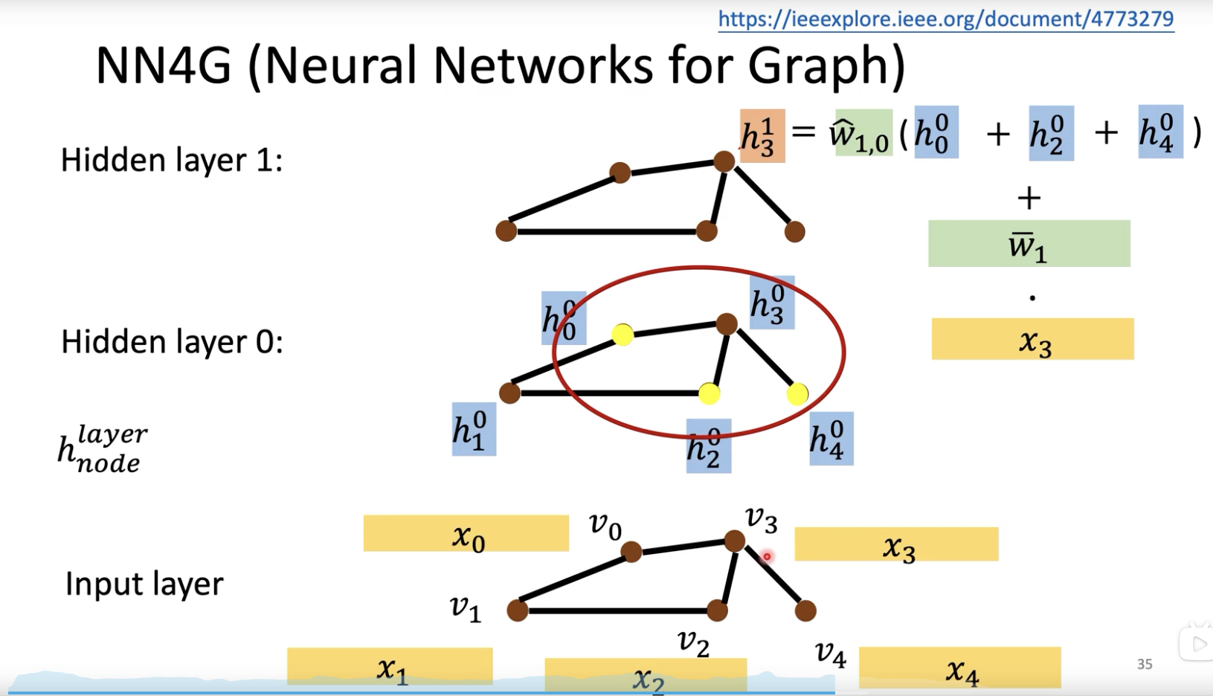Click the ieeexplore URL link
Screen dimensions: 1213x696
(x=946, y=19)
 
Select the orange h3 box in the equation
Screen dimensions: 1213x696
(x=762, y=135)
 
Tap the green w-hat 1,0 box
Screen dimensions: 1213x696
(x=863, y=133)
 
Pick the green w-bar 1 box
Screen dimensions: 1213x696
(x=1029, y=243)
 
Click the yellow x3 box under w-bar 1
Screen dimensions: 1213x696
(x=1033, y=339)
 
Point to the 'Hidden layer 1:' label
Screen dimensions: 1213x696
(x=172, y=161)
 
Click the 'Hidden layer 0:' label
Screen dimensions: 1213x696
(x=173, y=342)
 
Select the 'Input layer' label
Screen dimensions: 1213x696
(x=144, y=584)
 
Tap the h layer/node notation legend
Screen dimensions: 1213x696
(x=103, y=449)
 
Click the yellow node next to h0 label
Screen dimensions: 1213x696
(x=622, y=335)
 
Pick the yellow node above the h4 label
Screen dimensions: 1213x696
(x=797, y=394)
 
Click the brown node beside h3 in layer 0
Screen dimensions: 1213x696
(x=727, y=324)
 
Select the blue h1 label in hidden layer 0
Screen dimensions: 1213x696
(x=474, y=429)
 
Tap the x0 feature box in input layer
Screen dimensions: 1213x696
(x=466, y=533)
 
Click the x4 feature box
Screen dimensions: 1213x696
(x=960, y=667)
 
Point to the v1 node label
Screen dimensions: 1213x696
(x=466, y=608)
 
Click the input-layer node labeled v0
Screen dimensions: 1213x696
(x=631, y=552)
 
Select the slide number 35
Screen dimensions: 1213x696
(x=1145, y=664)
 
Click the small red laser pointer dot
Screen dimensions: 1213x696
(x=767, y=556)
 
